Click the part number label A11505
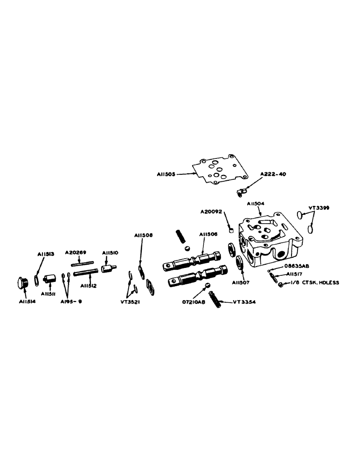coord(166,174)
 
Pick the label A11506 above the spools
coord(208,234)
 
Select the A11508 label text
coord(143,235)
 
